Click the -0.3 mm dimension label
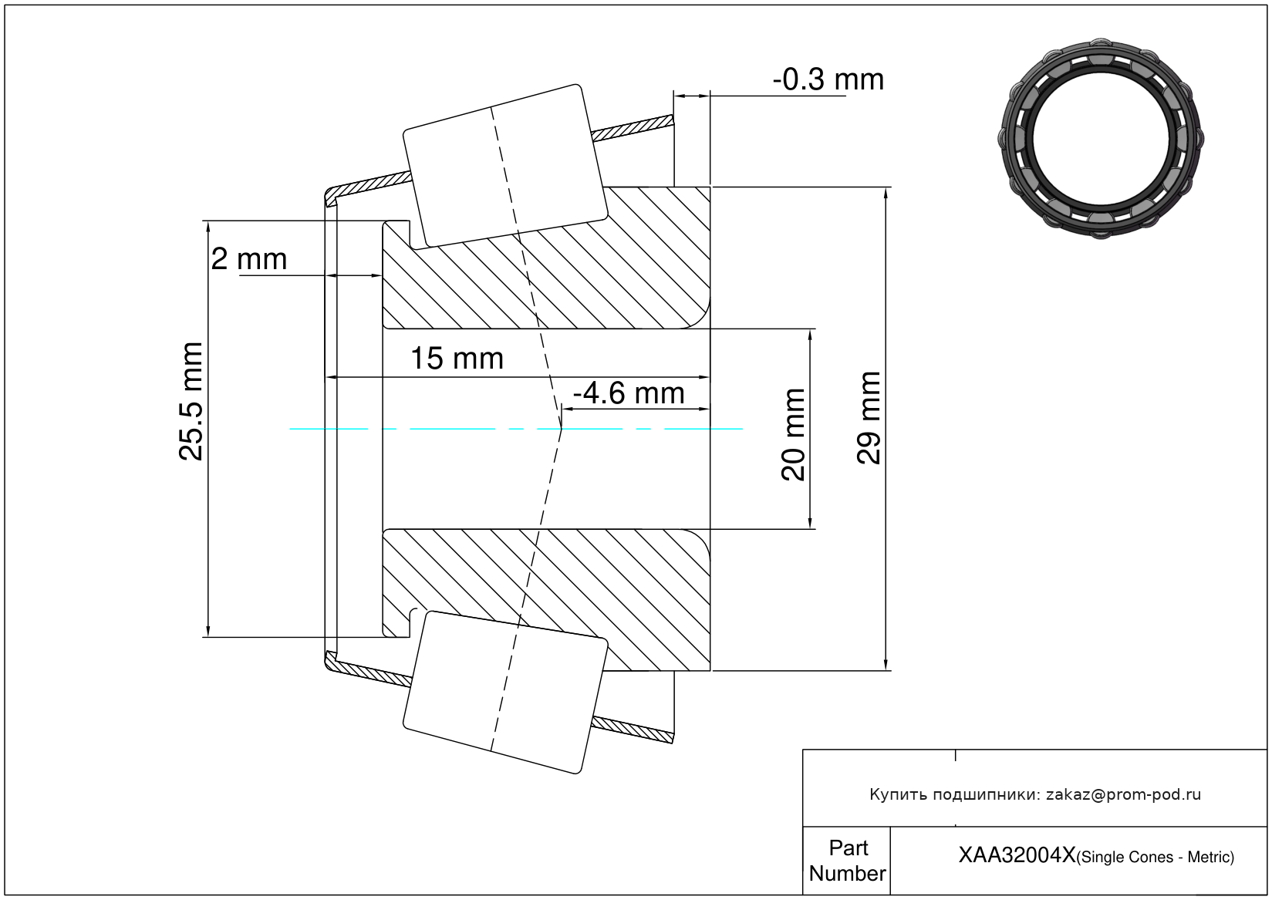point(828,79)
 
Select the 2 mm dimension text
point(249,259)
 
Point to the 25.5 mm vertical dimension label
point(191,401)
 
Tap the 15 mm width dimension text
point(457,359)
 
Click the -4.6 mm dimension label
point(629,393)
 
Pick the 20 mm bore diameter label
point(793,435)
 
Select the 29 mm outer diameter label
point(869,417)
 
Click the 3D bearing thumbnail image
point(1101,137)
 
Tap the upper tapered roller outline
point(505,165)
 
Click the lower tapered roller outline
point(505,692)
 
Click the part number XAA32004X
point(1016,855)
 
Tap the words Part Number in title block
point(847,861)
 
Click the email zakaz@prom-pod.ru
point(1123,794)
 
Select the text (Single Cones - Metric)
point(1156,857)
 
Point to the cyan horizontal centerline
point(463,429)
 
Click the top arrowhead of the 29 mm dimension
point(886,193)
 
